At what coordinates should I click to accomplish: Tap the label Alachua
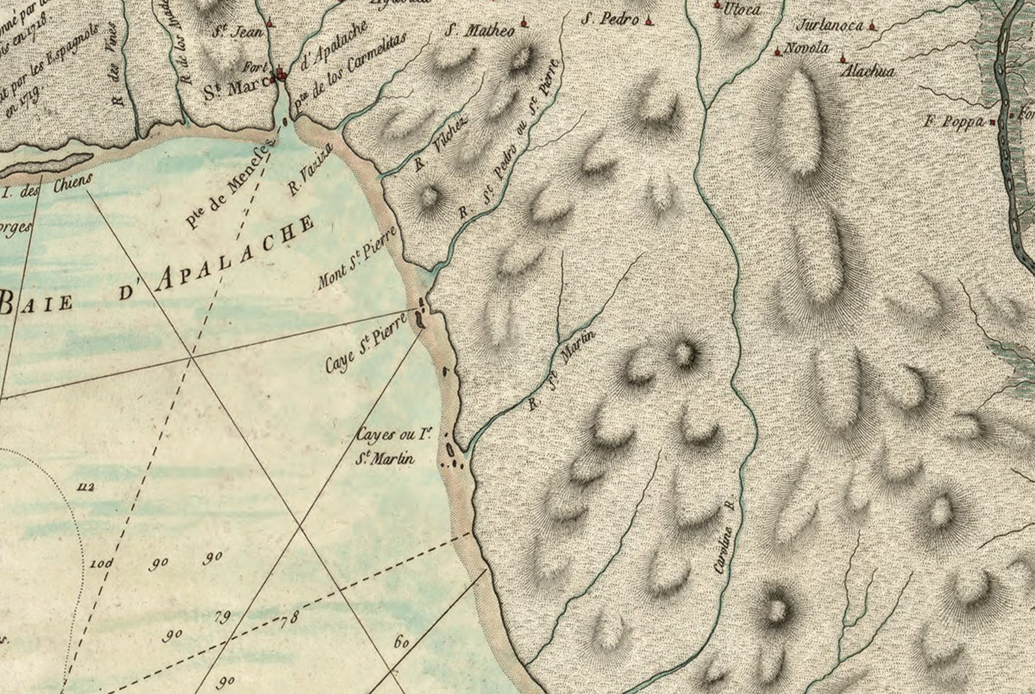867,70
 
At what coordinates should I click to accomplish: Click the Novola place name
807,48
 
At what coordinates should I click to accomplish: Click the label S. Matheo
480,30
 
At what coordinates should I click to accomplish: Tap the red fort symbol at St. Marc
281,74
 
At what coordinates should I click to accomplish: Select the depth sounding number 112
85,487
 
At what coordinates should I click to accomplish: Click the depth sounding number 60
401,642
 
